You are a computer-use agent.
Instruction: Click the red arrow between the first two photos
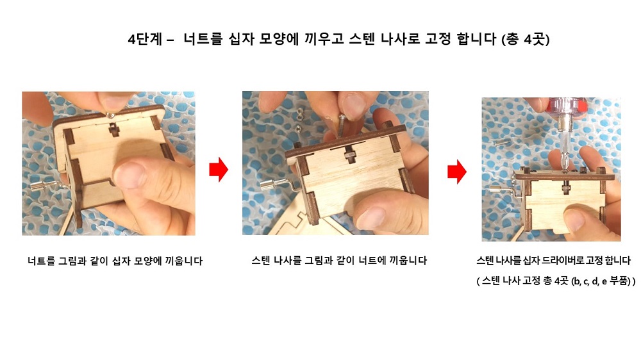(219, 168)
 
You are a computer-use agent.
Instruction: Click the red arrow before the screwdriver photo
(456, 172)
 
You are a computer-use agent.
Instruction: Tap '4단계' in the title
(145, 39)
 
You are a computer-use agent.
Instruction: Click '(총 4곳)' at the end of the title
(526, 39)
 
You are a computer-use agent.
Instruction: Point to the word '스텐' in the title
(362, 39)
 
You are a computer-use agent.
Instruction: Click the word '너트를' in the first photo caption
(41, 261)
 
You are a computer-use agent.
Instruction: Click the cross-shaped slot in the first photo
(114, 130)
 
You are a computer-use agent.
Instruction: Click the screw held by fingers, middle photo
(342, 127)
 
